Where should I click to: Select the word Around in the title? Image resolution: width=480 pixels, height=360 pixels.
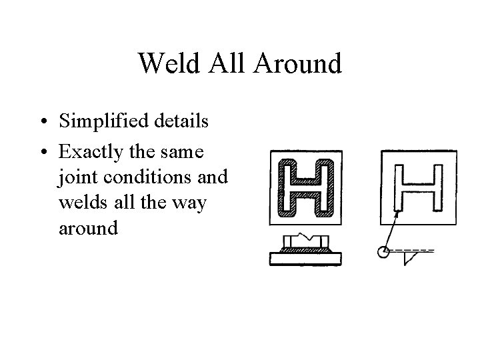coord(299,64)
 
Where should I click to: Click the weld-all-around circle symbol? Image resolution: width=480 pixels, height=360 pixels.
coord(383,251)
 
